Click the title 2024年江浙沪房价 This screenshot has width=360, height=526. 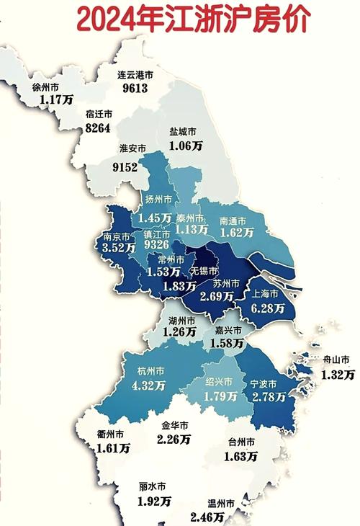(192, 19)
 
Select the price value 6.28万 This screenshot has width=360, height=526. (269, 308)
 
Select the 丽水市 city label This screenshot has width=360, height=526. (152, 486)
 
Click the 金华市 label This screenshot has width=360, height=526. (174, 425)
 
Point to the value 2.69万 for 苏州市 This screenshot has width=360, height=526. (217, 296)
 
